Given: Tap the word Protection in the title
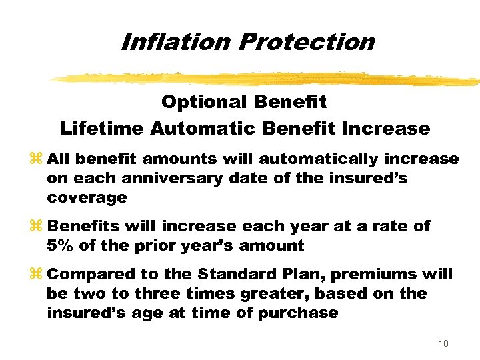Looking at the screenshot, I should point(306,41).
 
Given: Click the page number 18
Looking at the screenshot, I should point(443,343).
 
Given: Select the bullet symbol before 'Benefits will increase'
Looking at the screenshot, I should point(36,227).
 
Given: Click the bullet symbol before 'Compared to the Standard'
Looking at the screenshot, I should point(36,275).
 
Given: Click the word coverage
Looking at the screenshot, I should point(87,198).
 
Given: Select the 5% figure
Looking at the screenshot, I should point(61,245).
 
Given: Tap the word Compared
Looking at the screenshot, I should point(87,275).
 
